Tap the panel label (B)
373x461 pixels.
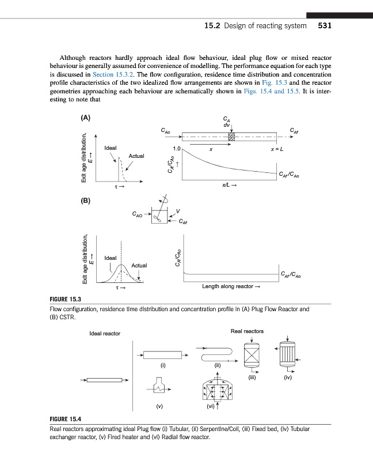tap(85, 201)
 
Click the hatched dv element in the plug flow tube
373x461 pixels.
tap(231, 137)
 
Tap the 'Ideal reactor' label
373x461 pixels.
tap(105, 334)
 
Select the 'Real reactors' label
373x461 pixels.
tap(247, 331)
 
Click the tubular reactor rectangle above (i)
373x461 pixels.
tap(163, 354)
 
